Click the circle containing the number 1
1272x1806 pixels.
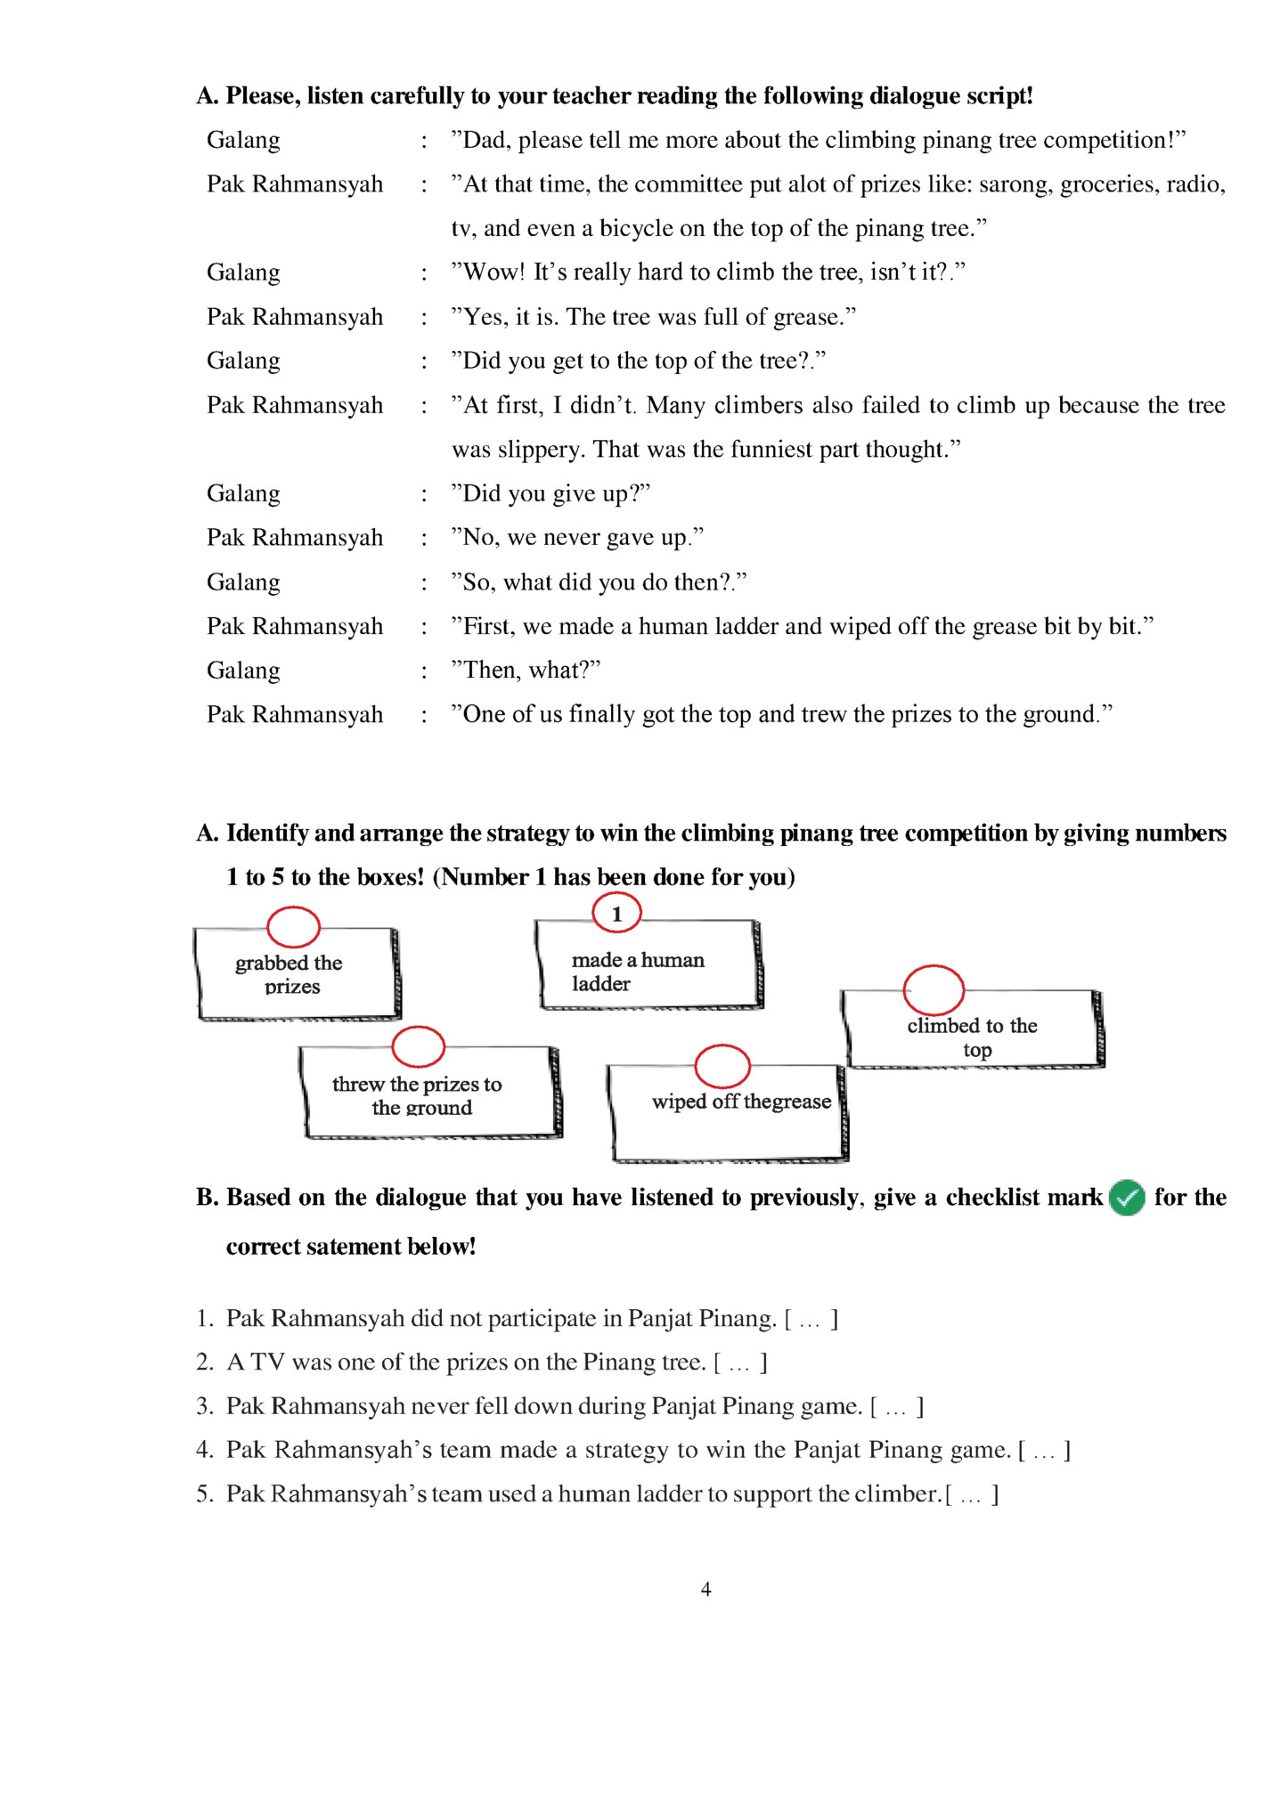pos(616,913)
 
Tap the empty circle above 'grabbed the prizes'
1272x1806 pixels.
pos(293,927)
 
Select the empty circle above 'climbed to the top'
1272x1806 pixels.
pos(933,989)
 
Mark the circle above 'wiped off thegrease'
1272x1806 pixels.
pos(722,1066)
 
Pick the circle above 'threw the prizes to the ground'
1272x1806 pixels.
pos(418,1046)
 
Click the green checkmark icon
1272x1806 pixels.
pos(1127,1198)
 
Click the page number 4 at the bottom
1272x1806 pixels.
pos(705,1589)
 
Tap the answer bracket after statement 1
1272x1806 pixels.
pos(811,1319)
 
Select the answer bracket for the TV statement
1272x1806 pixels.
pos(740,1363)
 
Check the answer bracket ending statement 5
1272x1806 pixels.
pos(972,1494)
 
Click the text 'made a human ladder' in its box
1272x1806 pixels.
pos(637,971)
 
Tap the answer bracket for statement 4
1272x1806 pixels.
pos(1044,1451)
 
